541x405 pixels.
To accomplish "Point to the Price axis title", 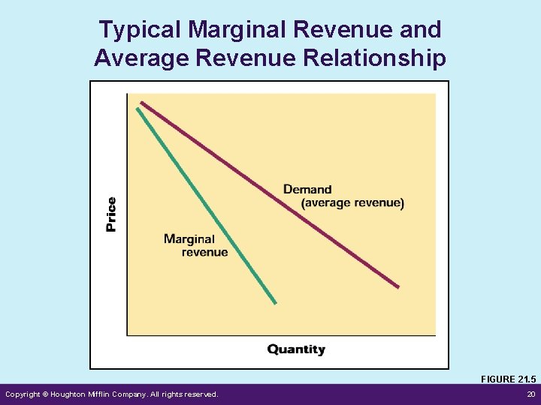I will tap(111, 214).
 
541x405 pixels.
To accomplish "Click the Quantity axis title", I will tap(296, 349).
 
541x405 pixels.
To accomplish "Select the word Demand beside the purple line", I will tap(307, 190).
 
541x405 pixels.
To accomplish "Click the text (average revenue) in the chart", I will tap(352, 203).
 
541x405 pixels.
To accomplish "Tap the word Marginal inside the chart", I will tap(189, 239).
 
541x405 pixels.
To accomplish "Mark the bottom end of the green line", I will tap(275, 302).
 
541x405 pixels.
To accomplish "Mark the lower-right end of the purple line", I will tap(397, 286).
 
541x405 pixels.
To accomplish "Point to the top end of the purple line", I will tap(141, 103).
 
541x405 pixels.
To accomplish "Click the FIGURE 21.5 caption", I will tap(508, 379).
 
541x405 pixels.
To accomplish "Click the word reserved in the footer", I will tap(199, 394).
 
